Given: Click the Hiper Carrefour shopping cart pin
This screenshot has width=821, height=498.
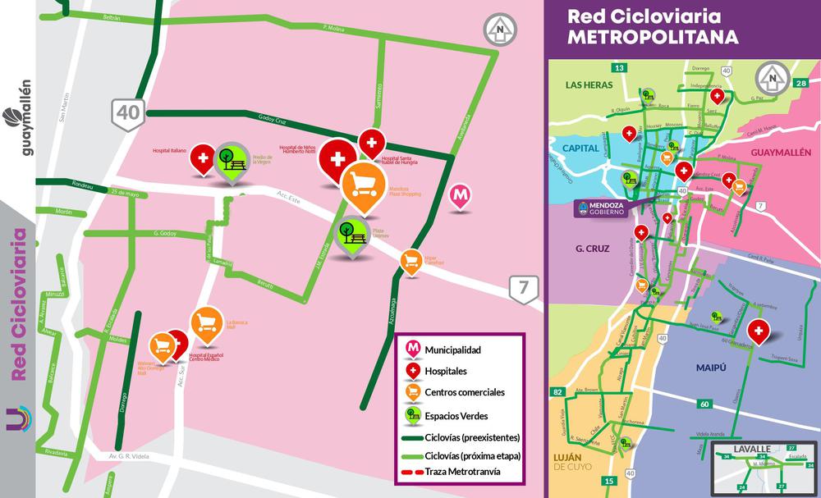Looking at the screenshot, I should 411,261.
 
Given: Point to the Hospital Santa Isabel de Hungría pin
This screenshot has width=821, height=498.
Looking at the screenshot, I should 372,144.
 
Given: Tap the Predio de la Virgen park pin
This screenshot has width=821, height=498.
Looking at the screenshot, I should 231,161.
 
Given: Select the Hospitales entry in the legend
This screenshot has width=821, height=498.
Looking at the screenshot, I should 448,372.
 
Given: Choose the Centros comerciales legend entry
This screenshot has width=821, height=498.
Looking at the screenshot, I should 464,393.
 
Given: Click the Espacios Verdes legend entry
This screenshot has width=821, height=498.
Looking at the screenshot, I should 456,414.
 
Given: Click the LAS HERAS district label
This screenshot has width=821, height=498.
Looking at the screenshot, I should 589,85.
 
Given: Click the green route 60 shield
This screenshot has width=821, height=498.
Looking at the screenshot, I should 704,404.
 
